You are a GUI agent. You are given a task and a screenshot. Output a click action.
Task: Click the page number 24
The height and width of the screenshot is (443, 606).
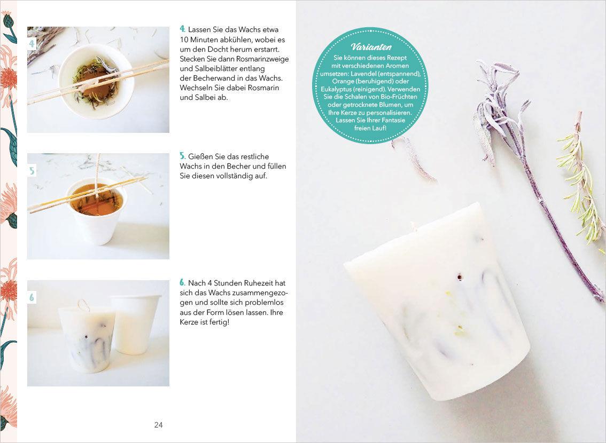159,425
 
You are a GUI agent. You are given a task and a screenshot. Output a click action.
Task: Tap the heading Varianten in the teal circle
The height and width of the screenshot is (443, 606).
371,47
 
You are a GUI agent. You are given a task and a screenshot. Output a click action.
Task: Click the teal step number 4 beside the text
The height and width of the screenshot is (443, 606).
182,29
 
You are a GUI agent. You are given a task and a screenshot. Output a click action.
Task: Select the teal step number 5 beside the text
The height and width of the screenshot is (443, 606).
182,156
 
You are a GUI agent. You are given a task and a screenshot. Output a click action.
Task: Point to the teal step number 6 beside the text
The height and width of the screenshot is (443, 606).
182,283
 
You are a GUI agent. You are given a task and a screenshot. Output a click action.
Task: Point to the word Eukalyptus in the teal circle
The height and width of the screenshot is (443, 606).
336,89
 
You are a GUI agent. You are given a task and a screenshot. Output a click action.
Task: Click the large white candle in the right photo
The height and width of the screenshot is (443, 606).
437,301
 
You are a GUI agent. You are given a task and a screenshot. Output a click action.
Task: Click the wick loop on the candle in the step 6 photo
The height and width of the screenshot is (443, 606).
83,305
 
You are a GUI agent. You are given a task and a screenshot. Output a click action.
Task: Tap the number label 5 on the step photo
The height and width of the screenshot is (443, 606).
32,171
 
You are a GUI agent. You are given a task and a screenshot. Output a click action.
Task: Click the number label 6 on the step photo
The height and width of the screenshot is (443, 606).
32,297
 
